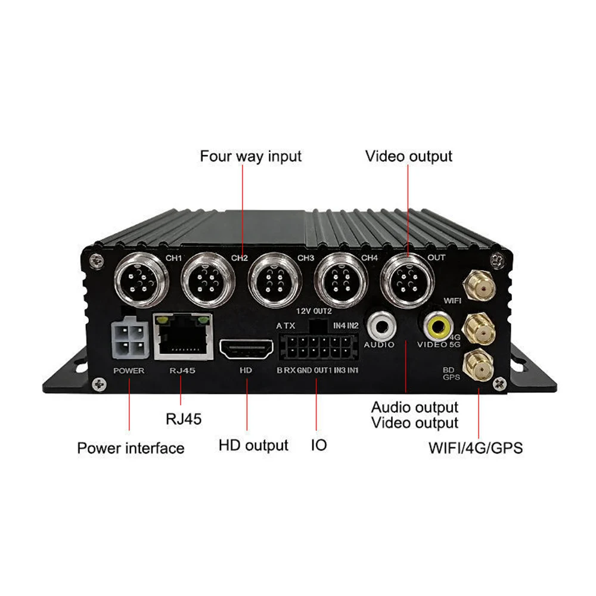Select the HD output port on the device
[245, 349]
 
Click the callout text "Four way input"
[251, 156]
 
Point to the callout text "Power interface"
[131, 448]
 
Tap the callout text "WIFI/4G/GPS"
[476, 448]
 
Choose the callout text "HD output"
[253, 445]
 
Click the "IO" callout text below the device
[319, 445]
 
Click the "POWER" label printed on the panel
[128, 371]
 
